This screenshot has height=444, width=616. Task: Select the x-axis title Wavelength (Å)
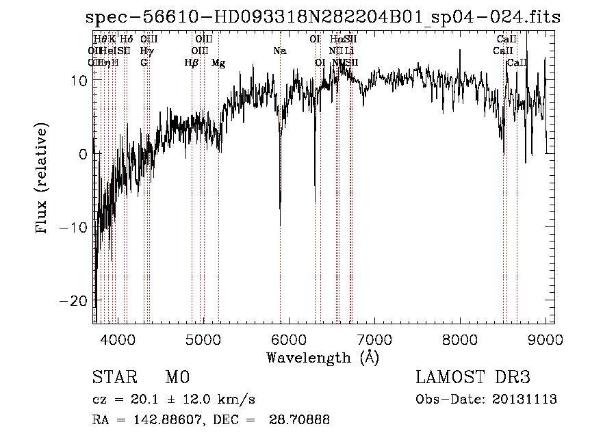click(x=322, y=357)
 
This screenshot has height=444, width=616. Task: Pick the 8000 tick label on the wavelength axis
click(x=460, y=338)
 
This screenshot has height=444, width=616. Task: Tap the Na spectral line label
click(x=279, y=51)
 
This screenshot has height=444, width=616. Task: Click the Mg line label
click(x=218, y=63)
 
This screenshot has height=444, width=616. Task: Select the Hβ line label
click(x=192, y=63)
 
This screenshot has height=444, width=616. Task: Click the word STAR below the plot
click(x=114, y=378)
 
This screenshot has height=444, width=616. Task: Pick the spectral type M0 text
click(x=177, y=378)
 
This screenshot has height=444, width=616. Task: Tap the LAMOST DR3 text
click(x=473, y=378)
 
